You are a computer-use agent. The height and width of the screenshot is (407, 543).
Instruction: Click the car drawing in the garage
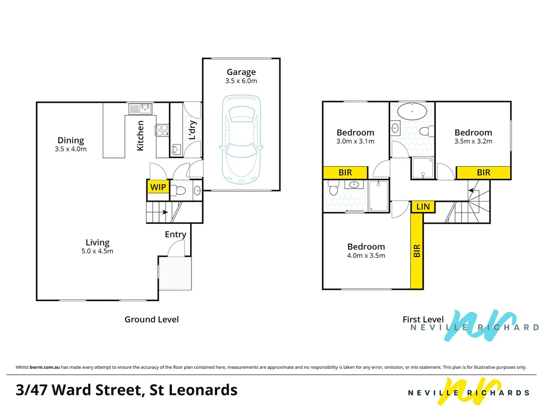pyautogui.click(x=241, y=139)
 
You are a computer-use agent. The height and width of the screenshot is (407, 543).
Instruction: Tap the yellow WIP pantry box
pyautogui.click(x=158, y=187)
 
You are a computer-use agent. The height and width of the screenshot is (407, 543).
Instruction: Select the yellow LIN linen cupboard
pyautogui.click(x=423, y=207)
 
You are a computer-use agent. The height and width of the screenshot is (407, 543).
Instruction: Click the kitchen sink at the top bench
pyautogui.click(x=141, y=109)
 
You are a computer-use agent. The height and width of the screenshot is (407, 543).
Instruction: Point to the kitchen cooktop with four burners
pyautogui.click(x=162, y=130)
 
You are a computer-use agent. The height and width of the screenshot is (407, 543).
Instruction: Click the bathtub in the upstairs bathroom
pyautogui.click(x=412, y=112)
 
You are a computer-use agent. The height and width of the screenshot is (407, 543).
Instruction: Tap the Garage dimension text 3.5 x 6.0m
pyautogui.click(x=241, y=81)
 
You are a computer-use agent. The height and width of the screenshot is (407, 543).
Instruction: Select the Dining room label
pyautogui.click(x=71, y=140)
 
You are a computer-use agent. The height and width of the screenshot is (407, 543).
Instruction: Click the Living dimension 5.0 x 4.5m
pyautogui.click(x=97, y=251)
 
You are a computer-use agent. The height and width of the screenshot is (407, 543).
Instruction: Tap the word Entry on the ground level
pyautogui.click(x=175, y=234)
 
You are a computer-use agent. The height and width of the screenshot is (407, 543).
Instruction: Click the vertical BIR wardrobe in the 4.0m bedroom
pyautogui.click(x=417, y=251)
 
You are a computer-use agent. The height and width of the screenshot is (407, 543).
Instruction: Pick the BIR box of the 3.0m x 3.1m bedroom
pyautogui.click(x=345, y=173)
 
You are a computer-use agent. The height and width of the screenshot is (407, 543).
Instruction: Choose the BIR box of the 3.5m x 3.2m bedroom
pyautogui.click(x=483, y=173)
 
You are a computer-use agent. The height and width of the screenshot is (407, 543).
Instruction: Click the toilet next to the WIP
pyautogui.click(x=179, y=191)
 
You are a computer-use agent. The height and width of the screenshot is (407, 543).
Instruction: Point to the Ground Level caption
pyautogui.click(x=152, y=320)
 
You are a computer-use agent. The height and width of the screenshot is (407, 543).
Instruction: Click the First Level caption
pyautogui.click(x=423, y=320)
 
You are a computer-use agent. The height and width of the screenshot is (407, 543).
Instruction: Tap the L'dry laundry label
pyautogui.click(x=192, y=130)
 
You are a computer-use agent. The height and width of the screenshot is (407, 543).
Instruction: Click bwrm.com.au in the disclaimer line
pyautogui.click(x=44, y=367)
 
